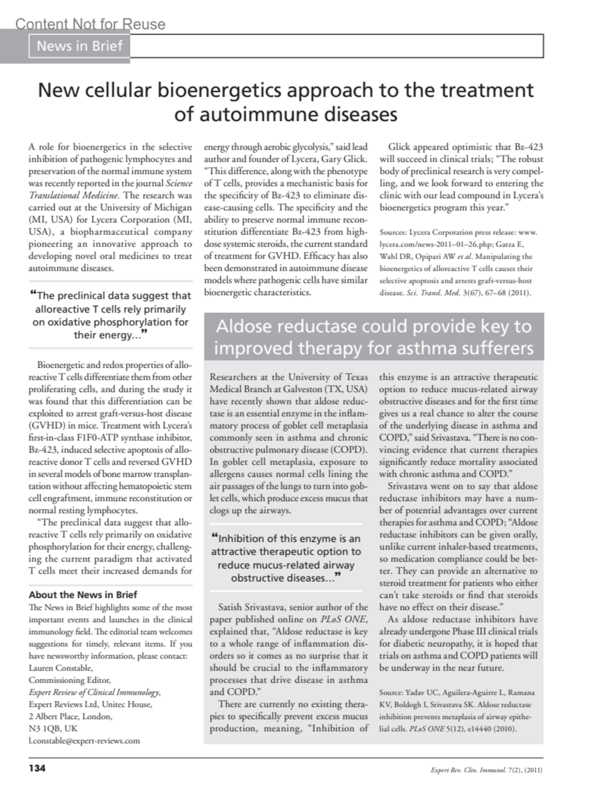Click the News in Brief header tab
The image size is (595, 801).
pyautogui.click(x=79, y=46)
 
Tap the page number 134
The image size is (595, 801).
pyautogui.click(x=37, y=768)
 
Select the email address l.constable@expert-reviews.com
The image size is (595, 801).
pyautogui.click(x=84, y=740)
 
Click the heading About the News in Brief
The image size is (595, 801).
pyautogui.click(x=83, y=595)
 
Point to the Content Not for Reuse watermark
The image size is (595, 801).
pyautogui.click(x=90, y=24)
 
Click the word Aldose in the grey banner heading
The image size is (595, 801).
pyautogui.click(x=244, y=326)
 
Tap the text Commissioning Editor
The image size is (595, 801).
pyautogui.click(x=69, y=680)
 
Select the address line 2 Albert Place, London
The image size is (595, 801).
pyautogui.click(x=70, y=716)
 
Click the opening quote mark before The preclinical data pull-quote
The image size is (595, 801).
pyautogui.click(x=33, y=295)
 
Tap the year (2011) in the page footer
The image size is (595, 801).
pyautogui.click(x=533, y=770)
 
